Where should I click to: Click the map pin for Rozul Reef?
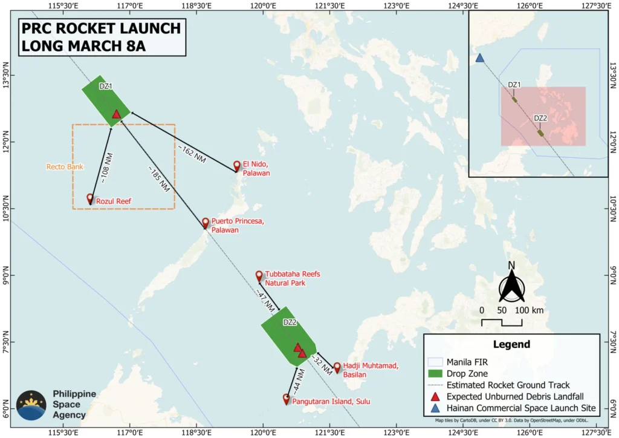tap(90, 198)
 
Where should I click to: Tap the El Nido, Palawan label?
tap(256, 168)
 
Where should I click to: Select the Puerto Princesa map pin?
tap(206, 223)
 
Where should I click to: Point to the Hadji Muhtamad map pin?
tap(337, 367)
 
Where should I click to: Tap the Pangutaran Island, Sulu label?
tap(331, 401)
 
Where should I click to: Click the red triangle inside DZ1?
tap(117, 114)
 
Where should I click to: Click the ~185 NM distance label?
tap(158, 178)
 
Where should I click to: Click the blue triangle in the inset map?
tap(479, 58)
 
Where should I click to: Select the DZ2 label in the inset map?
tap(540, 118)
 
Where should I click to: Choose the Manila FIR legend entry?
tap(465, 362)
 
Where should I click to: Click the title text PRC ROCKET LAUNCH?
tap(100, 28)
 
